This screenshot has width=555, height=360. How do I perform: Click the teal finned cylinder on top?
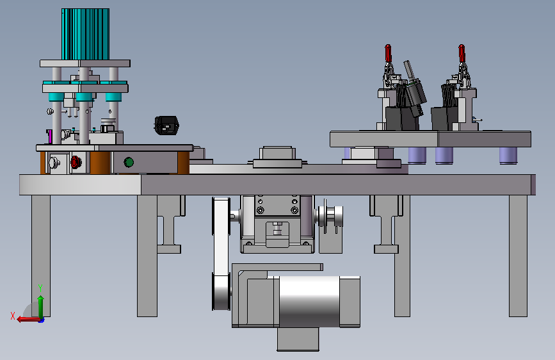click(85, 34)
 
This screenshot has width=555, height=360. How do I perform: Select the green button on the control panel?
click(129, 162)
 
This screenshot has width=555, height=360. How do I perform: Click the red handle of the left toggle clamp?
click(388, 53)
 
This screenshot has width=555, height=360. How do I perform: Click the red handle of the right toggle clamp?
click(462, 53)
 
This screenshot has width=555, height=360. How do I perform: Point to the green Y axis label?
click(40, 288)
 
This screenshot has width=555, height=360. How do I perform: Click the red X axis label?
click(13, 316)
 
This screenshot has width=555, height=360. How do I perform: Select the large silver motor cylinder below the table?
click(309, 302)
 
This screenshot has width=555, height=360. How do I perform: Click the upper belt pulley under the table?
click(221, 216)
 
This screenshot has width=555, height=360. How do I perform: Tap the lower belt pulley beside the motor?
click(221, 291)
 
